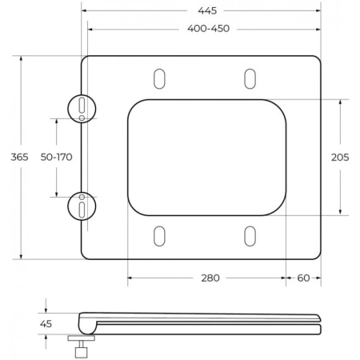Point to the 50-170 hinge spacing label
coord(57,157)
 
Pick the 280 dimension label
coord(210,278)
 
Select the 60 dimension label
coord(304,278)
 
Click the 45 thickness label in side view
coord(46,323)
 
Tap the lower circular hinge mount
coord(82,206)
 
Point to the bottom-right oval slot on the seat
coord(250,236)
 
